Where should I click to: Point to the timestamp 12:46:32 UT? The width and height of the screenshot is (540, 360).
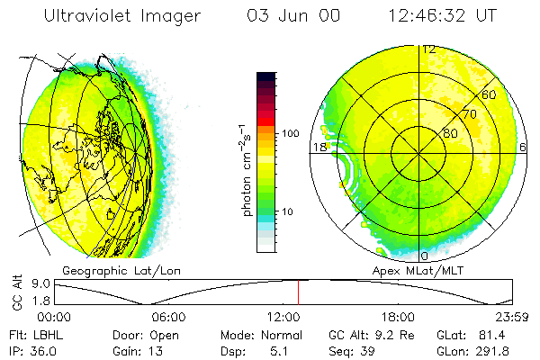click(x=442, y=16)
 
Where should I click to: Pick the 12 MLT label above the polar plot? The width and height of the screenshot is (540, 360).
click(x=429, y=49)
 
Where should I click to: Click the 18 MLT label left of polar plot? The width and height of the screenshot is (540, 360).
click(x=319, y=147)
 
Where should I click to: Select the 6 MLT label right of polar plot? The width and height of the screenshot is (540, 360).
click(x=523, y=147)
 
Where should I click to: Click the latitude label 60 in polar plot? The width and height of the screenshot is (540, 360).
click(x=490, y=94)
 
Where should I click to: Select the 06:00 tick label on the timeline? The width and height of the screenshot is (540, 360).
click(x=168, y=317)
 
